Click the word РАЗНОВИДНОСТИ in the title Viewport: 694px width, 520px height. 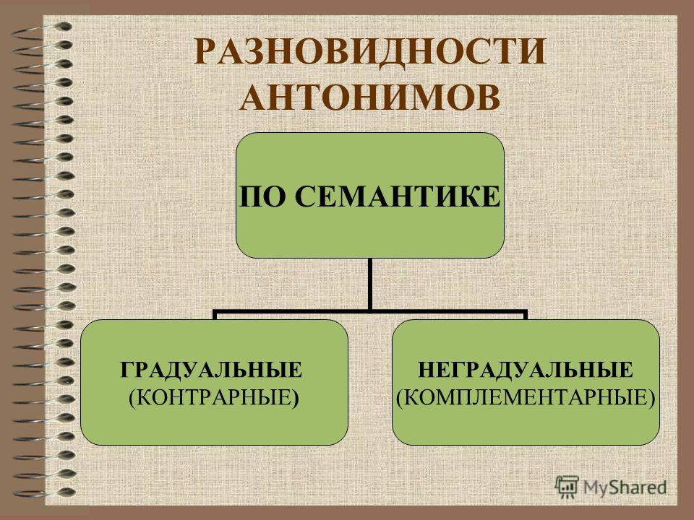370,52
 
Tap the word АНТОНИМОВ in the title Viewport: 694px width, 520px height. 370,96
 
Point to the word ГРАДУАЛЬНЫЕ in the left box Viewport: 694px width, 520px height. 212,370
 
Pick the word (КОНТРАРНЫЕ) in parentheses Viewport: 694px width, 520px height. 214,397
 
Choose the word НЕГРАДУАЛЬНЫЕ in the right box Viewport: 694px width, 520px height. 526,370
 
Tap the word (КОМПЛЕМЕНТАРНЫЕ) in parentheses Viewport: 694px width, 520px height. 526,397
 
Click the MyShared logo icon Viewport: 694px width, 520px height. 567,487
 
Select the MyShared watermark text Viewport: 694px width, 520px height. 625,487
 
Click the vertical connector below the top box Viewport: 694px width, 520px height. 370,285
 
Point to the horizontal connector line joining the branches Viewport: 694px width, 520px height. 370,313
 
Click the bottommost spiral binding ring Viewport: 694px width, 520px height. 42,492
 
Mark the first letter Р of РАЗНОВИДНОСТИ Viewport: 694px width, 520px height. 205,52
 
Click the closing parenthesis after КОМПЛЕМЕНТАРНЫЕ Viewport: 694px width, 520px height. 651,397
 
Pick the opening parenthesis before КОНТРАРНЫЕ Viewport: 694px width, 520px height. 132,397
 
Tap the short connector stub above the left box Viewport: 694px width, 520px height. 215,316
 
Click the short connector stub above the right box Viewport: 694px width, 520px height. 526,316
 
